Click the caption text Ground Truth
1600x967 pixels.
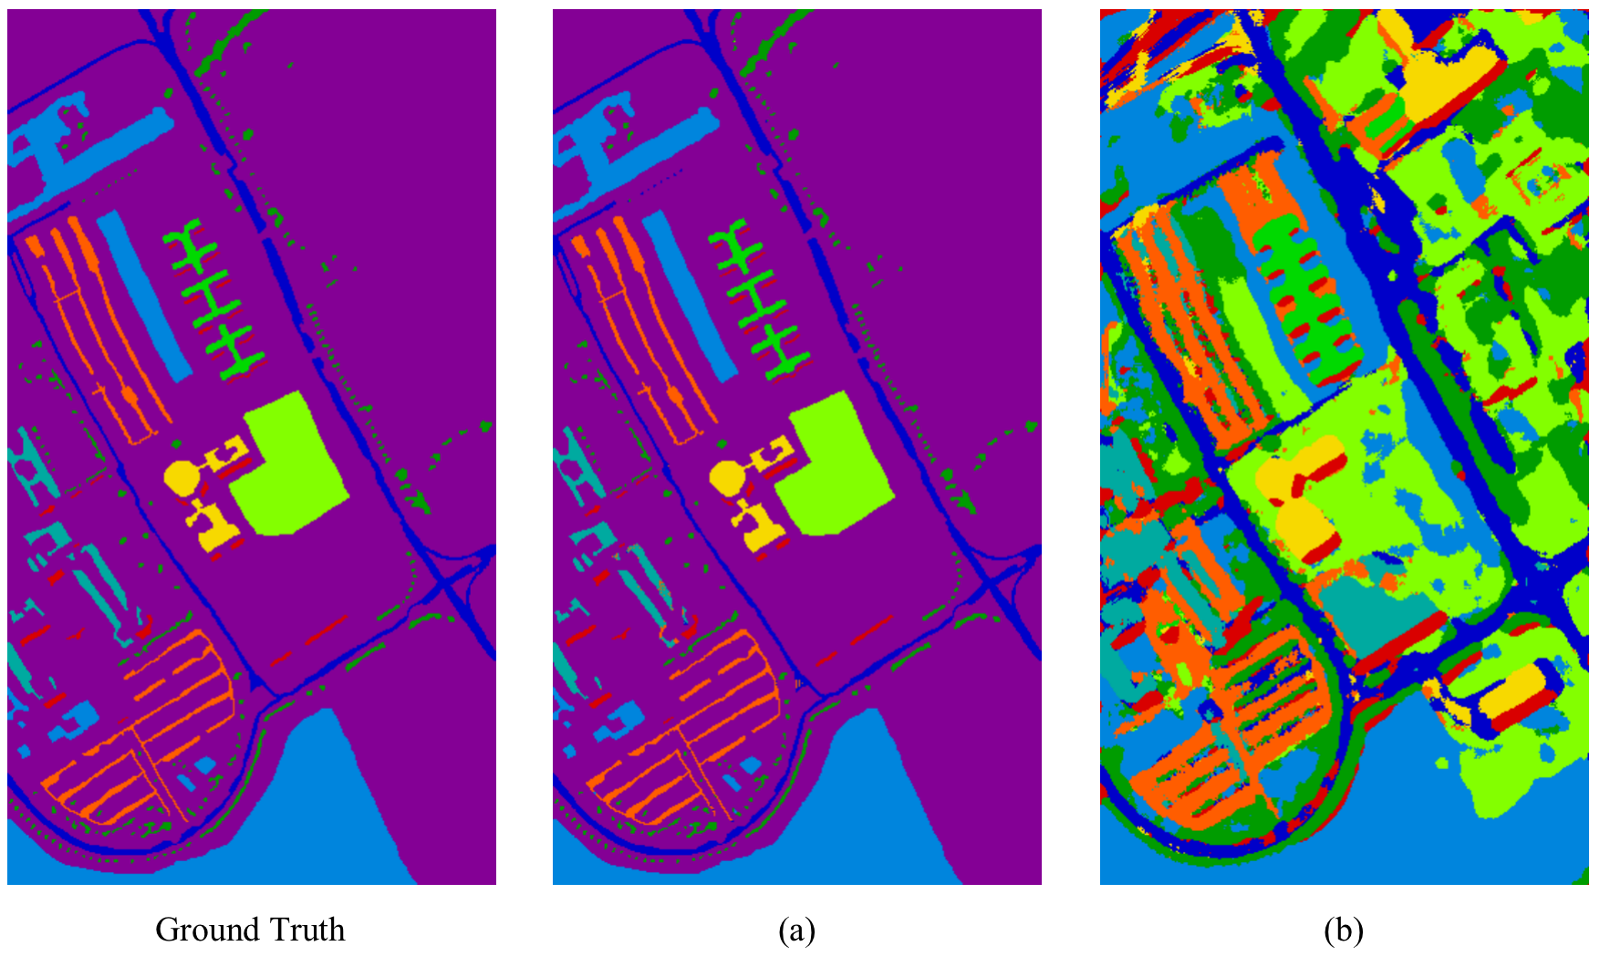tap(250, 930)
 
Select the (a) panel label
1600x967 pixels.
tap(796, 931)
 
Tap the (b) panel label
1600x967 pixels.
tap(1344, 931)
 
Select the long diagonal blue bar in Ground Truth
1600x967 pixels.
tap(144, 296)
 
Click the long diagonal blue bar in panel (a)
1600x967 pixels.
tap(690, 296)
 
